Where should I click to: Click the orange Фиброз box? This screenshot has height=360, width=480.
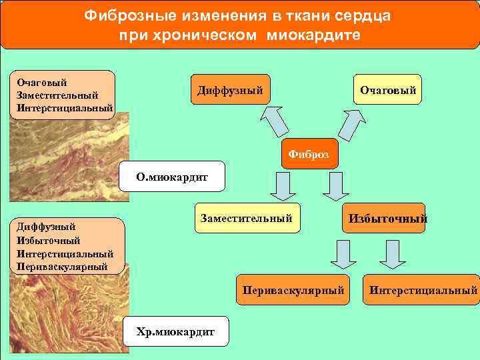coord(310,154)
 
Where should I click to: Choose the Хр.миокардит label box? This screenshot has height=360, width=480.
coord(175,331)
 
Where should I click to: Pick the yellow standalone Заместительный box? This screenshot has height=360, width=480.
coord(246,218)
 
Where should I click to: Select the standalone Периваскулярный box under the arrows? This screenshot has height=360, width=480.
coord(293,290)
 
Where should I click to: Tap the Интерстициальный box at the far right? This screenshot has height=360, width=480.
coord(424,290)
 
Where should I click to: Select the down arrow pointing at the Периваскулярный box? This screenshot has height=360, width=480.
coord(342,254)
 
